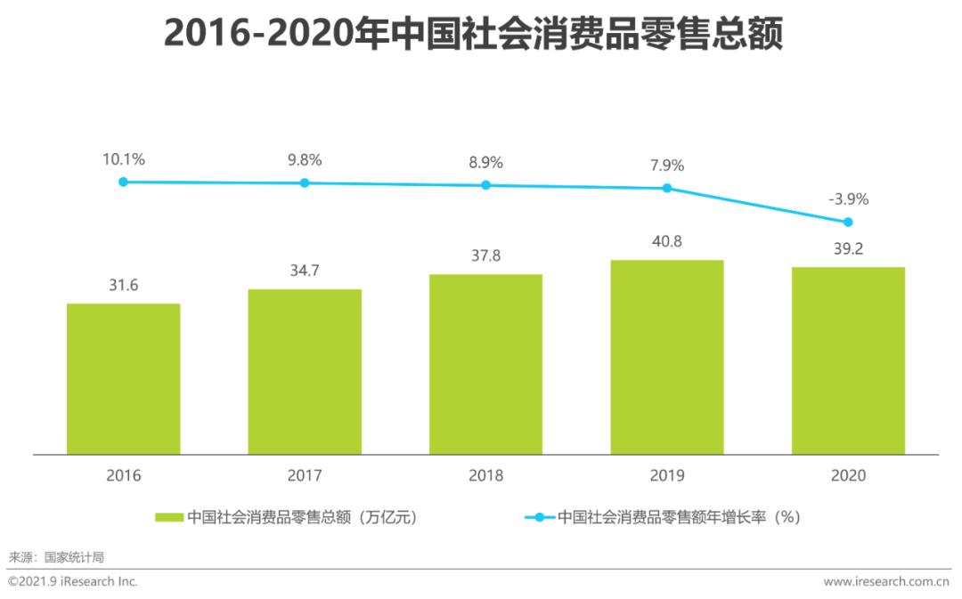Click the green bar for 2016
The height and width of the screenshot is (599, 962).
[x=124, y=379]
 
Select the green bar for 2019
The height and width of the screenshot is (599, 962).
[x=667, y=357]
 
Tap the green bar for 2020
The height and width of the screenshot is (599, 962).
[x=848, y=360]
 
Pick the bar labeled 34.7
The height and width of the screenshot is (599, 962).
[x=305, y=372]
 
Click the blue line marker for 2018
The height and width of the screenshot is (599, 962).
[x=485, y=185]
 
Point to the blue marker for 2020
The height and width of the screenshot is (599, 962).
[x=848, y=222]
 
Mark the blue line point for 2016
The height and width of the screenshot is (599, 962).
[x=124, y=182]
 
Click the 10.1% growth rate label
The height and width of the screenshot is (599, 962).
[x=124, y=160]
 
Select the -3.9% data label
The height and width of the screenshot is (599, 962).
[x=848, y=199]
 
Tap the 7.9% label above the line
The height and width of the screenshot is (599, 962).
[x=667, y=166]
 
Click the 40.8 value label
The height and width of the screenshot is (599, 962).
[x=667, y=240]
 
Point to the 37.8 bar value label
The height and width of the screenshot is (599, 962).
[x=485, y=255]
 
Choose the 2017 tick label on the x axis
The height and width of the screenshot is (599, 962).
[x=305, y=476]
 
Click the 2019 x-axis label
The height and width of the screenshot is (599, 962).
[x=667, y=476]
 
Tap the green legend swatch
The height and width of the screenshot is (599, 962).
[x=169, y=516]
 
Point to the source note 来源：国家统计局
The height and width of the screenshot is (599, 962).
[x=56, y=557]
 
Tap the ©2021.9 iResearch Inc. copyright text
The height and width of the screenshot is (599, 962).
[x=73, y=581]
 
